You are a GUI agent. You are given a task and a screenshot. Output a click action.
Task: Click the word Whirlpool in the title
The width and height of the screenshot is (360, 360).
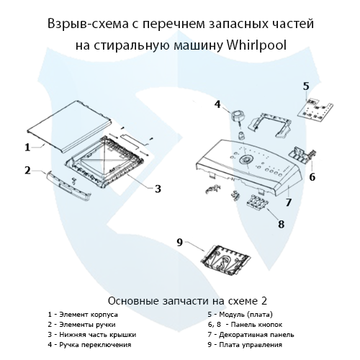coord(256,45)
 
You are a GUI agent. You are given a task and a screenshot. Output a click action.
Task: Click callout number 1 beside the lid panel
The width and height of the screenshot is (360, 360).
coord(27,147)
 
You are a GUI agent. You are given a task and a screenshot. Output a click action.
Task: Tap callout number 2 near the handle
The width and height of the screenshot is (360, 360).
coord(27,171)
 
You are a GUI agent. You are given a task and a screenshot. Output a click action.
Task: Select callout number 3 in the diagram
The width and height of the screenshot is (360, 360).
coord(157,189)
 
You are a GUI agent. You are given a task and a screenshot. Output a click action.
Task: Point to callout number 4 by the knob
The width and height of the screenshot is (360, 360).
coord(217,104)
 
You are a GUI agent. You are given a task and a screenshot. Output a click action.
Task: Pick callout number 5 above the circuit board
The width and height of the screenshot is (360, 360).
coord(306,86)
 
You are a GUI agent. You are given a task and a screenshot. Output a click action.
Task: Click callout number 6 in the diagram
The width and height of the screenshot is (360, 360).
coord(312,176)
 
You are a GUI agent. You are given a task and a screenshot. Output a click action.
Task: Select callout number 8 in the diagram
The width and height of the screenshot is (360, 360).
coord(281,224)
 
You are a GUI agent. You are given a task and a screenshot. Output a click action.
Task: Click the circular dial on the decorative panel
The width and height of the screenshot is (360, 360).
coord(247,158)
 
